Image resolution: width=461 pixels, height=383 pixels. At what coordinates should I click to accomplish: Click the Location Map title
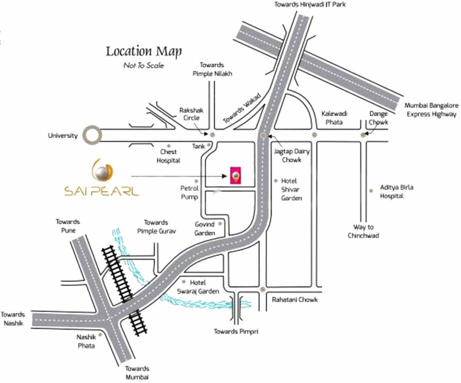click(x=144, y=51)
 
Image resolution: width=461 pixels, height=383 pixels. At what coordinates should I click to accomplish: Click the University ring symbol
click(x=92, y=135)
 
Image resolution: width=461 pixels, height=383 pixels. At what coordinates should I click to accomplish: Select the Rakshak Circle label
click(x=191, y=114)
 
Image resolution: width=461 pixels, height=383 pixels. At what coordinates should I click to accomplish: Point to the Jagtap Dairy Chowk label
click(x=291, y=155)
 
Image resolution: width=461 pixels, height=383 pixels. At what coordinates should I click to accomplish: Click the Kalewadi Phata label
click(x=334, y=118)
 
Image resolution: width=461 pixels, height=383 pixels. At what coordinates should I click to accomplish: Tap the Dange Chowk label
click(x=378, y=118)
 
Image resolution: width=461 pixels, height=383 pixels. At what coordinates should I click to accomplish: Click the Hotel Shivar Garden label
click(x=291, y=189)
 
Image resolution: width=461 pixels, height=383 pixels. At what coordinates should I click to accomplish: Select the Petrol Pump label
click(x=189, y=192)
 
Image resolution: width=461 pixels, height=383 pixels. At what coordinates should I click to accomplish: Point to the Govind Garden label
click(x=205, y=229)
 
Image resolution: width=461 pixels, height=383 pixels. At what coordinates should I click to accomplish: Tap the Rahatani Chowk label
click(x=295, y=300)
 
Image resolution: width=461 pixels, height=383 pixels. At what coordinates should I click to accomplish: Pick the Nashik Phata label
click(x=86, y=341)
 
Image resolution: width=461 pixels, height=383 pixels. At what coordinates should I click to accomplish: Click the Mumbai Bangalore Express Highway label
click(x=431, y=110)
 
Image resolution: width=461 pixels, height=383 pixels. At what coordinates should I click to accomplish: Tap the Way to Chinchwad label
click(x=363, y=231)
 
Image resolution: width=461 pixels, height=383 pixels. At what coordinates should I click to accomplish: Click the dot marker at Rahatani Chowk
click(x=262, y=289)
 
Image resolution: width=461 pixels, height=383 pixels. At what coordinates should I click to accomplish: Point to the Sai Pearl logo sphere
click(x=102, y=173)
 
